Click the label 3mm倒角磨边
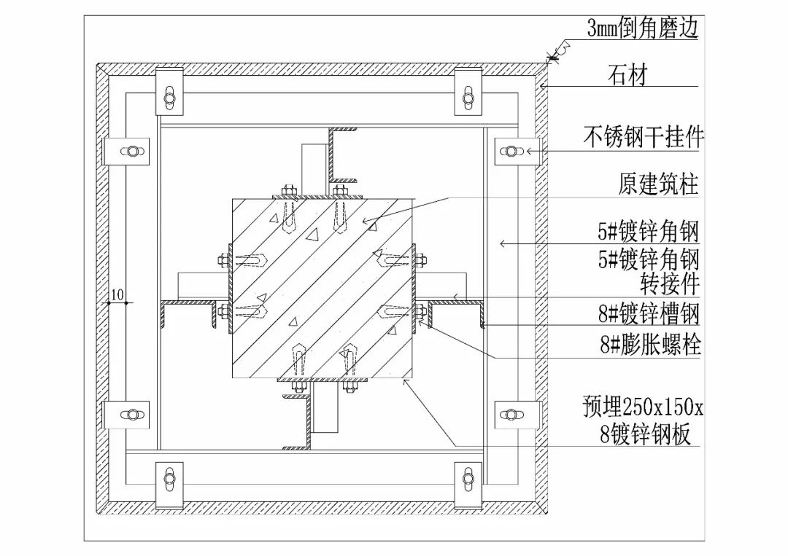[x=642, y=28]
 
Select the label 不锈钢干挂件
[x=643, y=137]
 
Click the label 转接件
[x=669, y=282]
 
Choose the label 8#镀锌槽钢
[x=649, y=314]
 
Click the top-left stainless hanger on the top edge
[x=169, y=93]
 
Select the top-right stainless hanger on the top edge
[x=468, y=93]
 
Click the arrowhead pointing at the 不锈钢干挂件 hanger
[x=531, y=151]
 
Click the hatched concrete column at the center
[x=322, y=288]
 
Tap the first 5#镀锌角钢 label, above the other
[x=649, y=232]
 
